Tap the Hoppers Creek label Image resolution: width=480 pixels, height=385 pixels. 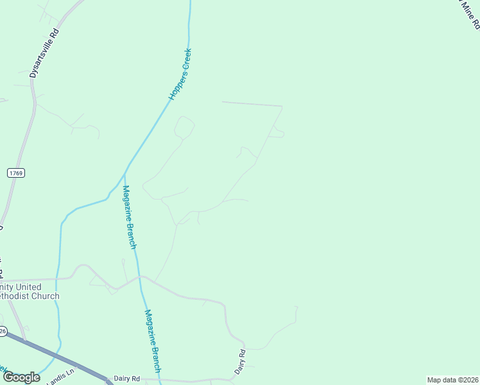click(180, 74)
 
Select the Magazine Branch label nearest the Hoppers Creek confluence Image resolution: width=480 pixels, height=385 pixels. click(130, 217)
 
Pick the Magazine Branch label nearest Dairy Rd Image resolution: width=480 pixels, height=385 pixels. click(153, 341)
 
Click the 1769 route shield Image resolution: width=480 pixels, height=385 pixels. click(15, 173)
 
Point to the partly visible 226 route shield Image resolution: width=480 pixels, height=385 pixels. click(3, 331)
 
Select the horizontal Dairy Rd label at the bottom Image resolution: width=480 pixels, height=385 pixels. click(126, 379)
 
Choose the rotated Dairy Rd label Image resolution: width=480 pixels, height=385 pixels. click(239, 362)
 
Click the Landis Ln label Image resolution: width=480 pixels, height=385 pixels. click(62, 375)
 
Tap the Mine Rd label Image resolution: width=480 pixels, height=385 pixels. click(469, 14)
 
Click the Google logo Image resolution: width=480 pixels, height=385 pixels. click(21, 377)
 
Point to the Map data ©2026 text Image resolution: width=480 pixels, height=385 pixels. click(452, 379)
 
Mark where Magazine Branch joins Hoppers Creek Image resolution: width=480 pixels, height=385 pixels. click(124, 173)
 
